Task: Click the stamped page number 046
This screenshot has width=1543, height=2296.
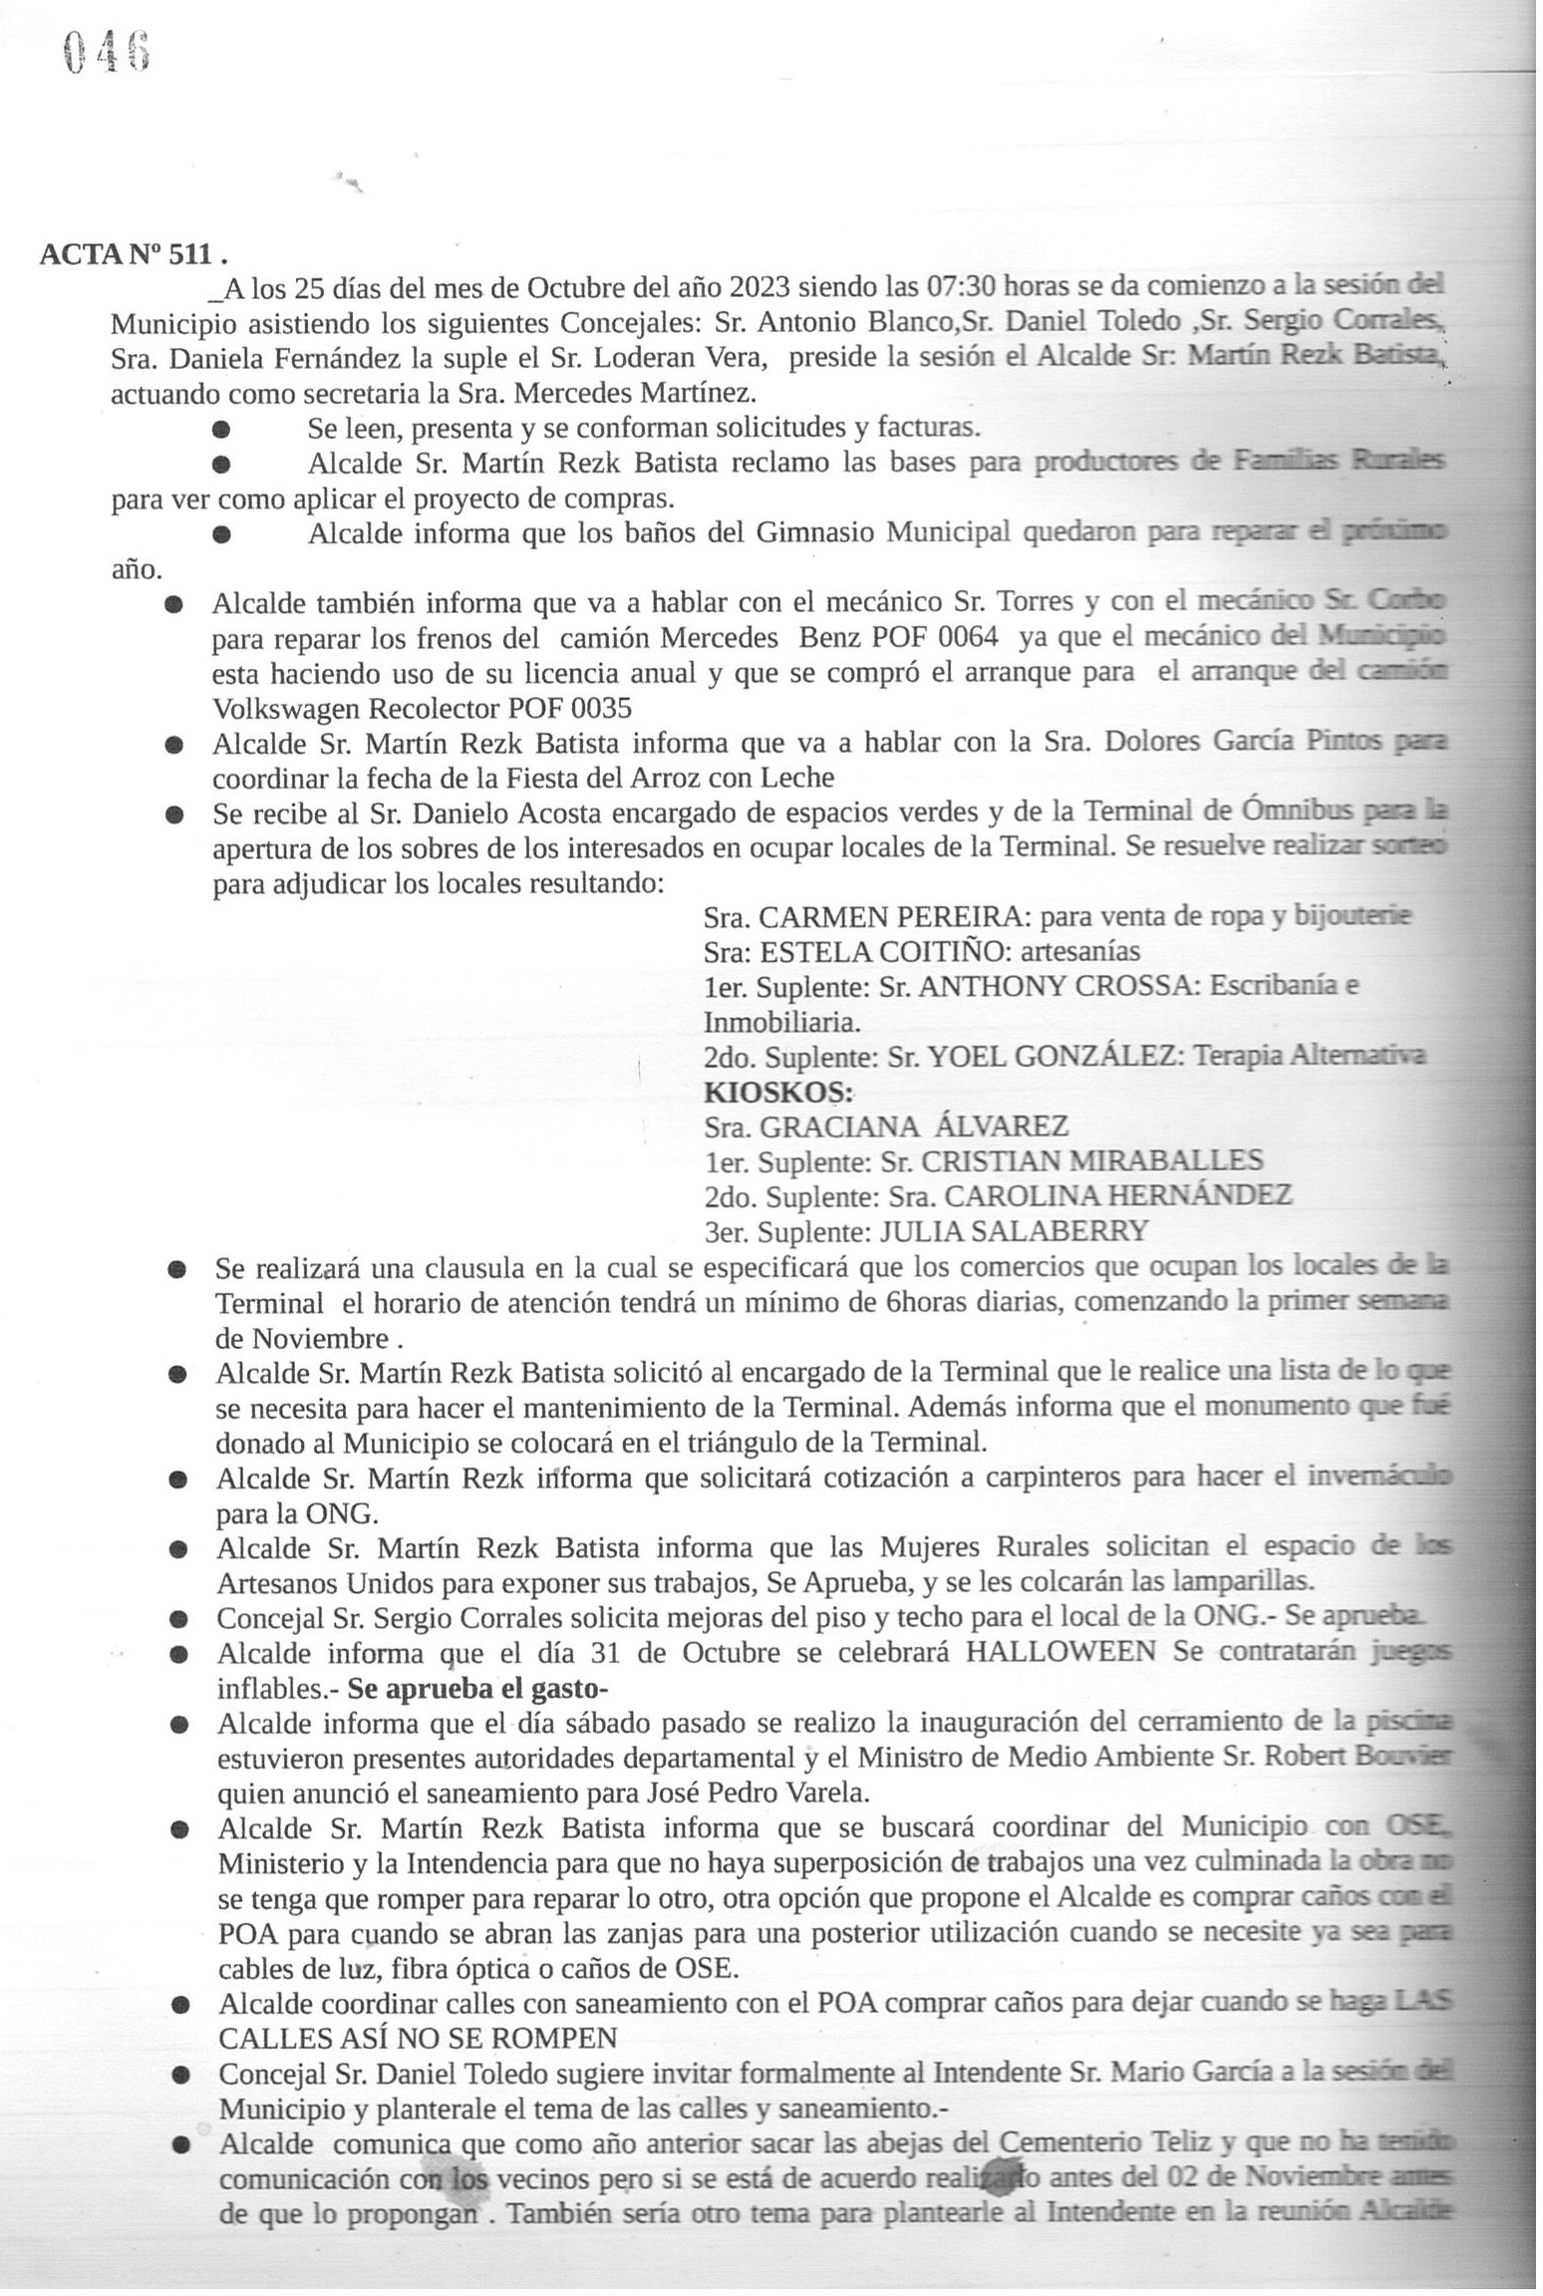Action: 106,51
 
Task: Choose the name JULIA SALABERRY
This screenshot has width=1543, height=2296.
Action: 1013,1231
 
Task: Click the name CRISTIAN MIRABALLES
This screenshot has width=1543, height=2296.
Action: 1091,1161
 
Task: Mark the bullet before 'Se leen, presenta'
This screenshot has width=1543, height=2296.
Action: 221,430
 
